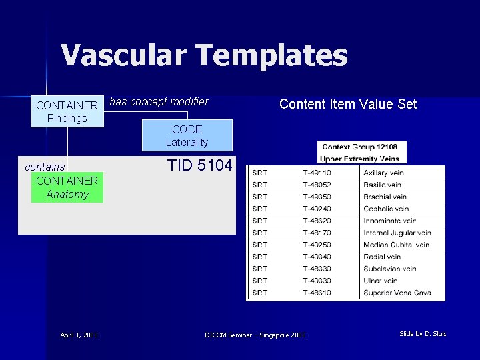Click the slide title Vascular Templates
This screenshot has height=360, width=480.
205,55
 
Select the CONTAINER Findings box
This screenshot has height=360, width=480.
67,112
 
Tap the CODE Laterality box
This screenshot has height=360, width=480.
187,135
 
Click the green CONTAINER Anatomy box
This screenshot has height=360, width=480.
67,187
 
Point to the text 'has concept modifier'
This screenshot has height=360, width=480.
159,102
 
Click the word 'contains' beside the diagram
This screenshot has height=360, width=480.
45,167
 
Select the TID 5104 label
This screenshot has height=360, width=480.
200,165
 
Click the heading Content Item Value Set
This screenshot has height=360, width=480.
347,104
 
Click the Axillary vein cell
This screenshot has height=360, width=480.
383,173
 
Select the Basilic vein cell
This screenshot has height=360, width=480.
382,185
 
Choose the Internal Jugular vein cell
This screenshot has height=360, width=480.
397,233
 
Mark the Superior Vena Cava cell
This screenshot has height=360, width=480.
397,293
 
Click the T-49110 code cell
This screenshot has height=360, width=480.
317,173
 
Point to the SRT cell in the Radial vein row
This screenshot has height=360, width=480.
260,257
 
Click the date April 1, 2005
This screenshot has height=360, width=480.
79,335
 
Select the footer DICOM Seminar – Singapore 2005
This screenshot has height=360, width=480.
255,335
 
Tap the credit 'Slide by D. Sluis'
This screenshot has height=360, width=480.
423,333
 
